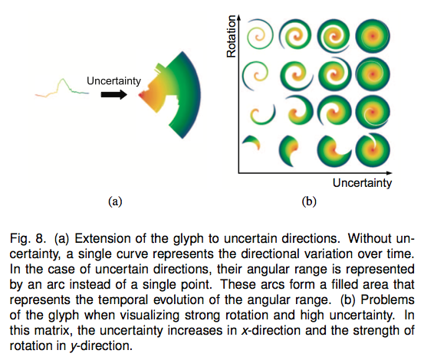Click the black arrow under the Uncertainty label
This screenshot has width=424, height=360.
[113, 94]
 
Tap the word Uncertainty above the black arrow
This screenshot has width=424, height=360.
[113, 80]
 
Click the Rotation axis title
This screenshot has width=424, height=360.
[232, 36]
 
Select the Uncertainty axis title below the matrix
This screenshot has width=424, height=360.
[362, 183]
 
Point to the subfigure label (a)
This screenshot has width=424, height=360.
[115, 201]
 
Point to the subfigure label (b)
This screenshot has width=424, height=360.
[309, 201]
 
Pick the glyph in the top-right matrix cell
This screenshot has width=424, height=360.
[373, 36]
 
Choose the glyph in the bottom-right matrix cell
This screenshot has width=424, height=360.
[373, 149]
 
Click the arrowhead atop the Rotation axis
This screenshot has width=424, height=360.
[238, 18]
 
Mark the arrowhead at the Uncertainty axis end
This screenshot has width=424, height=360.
[389, 172]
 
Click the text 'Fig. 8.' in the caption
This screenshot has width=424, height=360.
[27, 239]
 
